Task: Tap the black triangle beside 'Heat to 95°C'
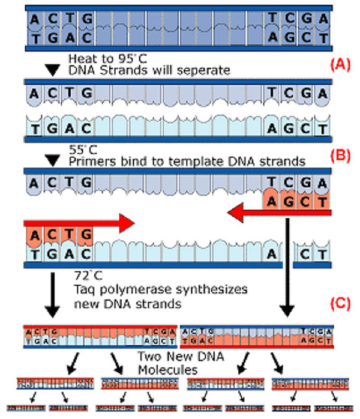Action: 53,70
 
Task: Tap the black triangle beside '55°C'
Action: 53,161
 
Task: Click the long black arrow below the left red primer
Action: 53,294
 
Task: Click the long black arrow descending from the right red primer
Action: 290,270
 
